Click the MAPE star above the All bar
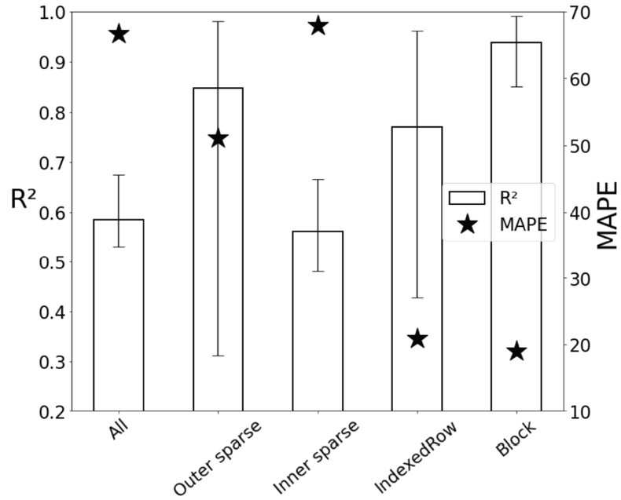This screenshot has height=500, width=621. coord(119,35)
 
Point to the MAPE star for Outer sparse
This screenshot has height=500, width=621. coord(219,139)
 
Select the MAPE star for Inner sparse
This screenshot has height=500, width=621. coord(318,26)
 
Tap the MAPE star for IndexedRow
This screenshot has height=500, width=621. coord(417,338)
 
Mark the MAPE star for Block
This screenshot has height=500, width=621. coord(516,352)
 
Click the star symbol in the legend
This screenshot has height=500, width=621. coord(468,224)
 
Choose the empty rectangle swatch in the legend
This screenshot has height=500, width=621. coord(467,198)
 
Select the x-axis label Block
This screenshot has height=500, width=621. coord(516,438)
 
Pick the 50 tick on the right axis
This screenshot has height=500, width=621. coord(579,146)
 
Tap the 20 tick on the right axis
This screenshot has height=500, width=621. coord(579,345)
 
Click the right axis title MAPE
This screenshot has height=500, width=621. coord(607,215)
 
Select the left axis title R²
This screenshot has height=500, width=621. coord(23,199)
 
